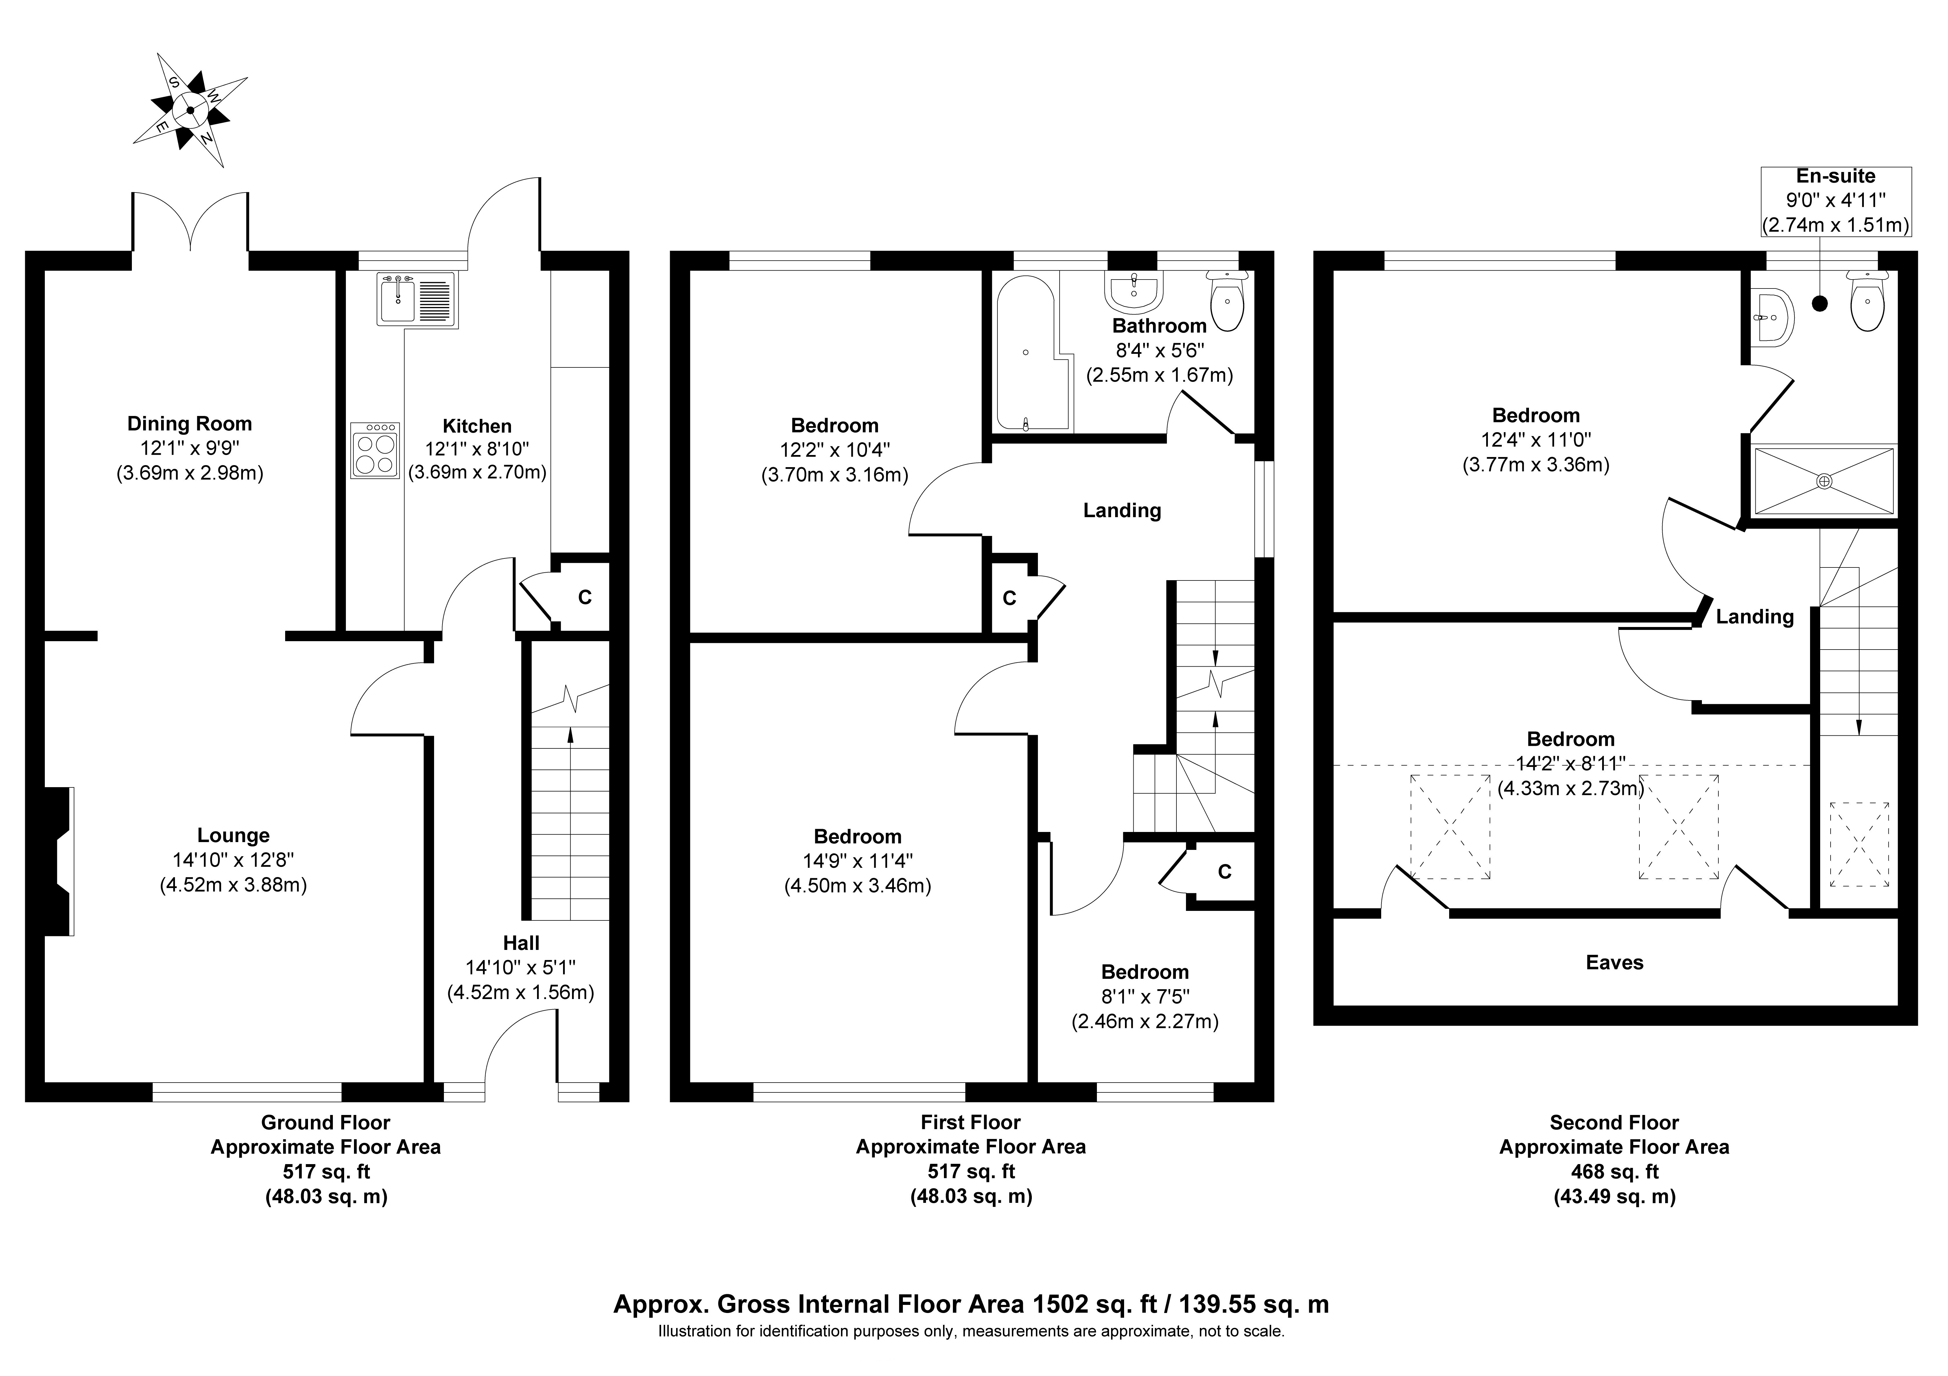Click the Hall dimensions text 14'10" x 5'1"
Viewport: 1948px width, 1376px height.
coord(520,967)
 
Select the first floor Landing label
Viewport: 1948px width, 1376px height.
coord(1121,510)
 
